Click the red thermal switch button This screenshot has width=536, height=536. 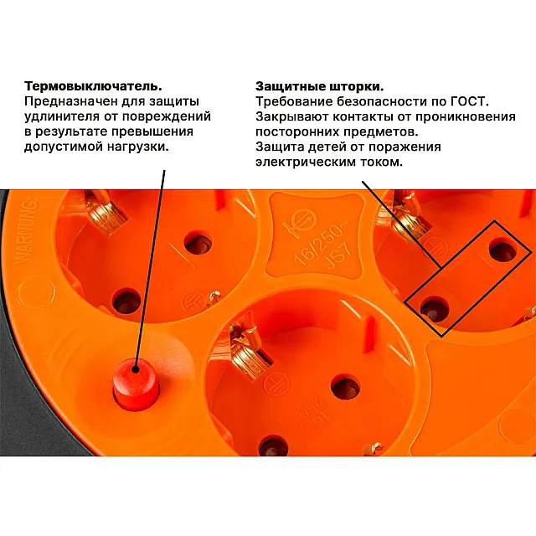coord(136,384)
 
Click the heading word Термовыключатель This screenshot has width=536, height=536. coord(93,85)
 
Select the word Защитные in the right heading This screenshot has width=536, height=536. coord(291,86)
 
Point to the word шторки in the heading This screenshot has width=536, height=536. coord(356,87)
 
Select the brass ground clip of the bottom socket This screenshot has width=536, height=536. coord(249,349)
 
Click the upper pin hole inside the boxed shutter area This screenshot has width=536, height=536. coord(502,251)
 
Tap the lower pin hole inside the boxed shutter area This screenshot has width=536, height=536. coord(435,309)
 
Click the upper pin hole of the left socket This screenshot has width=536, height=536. coord(198,245)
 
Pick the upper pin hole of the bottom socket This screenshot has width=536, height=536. coord(346,388)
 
